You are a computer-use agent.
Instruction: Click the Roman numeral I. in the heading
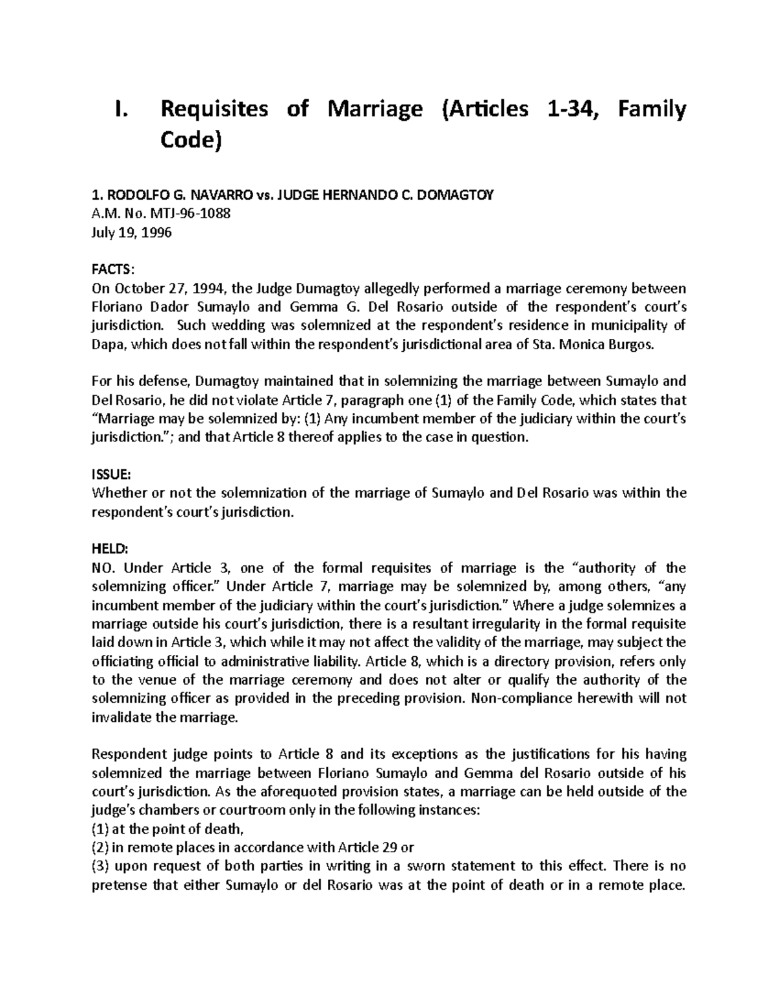click(x=119, y=109)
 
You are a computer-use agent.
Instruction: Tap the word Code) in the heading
click(x=191, y=140)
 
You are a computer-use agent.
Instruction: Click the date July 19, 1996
click(x=132, y=232)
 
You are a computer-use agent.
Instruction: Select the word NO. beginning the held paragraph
click(x=103, y=568)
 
